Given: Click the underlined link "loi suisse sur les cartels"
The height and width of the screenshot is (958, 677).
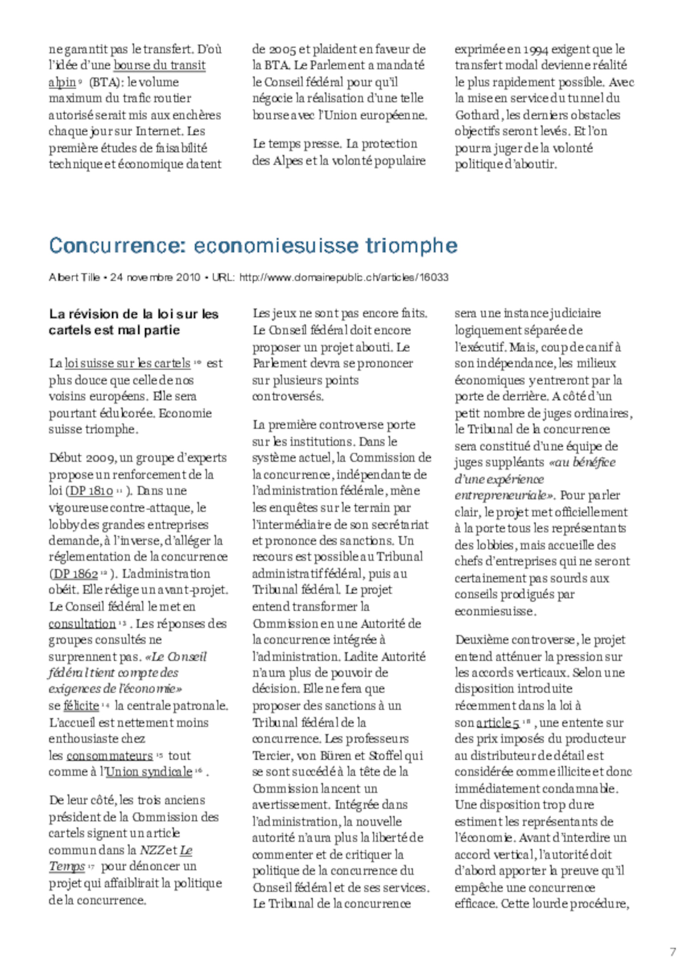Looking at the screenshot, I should coord(127,364).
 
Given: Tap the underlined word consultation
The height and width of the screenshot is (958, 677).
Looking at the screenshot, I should coord(82,624).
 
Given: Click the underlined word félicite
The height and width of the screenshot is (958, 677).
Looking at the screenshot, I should coord(81,705).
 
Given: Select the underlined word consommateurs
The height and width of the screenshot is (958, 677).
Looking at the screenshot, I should coord(110,756).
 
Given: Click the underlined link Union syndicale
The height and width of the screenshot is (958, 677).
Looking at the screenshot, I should coord(149,772).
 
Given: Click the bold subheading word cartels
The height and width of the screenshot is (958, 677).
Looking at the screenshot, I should coord(69,330).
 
